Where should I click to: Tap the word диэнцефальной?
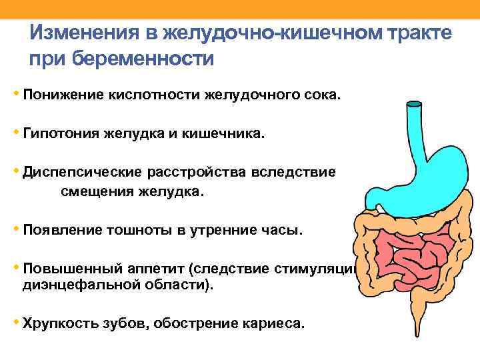79,285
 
